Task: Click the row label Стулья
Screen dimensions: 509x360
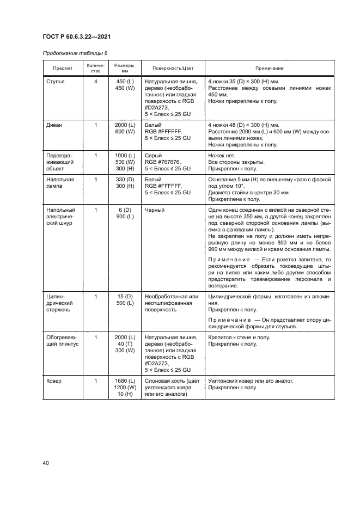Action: coord(56,81)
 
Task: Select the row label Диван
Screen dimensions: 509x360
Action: coord(54,125)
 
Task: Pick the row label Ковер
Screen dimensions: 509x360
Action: coord(54,381)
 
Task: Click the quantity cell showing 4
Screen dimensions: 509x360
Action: coord(95,81)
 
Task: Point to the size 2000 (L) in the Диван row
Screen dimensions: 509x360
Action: coord(125,125)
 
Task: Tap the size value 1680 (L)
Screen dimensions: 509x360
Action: coord(125,381)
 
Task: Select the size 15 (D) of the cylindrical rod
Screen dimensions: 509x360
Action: coord(125,297)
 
